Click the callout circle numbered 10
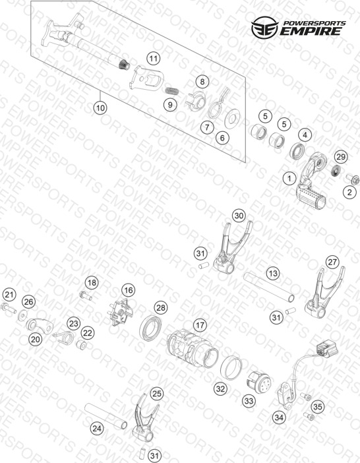pyautogui.click(x=100, y=108)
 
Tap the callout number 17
pyautogui.click(x=200, y=325)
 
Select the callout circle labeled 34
pyautogui.click(x=279, y=417)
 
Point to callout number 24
pyautogui.click(x=97, y=428)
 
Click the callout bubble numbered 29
pyautogui.click(x=341, y=156)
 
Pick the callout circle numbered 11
pyautogui.click(x=154, y=59)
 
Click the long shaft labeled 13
pyautogui.click(x=269, y=288)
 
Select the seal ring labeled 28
pyautogui.click(x=151, y=328)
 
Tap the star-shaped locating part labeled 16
pyautogui.click(x=121, y=312)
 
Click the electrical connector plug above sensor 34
pyautogui.click(x=326, y=350)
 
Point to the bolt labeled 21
pyautogui.click(x=9, y=308)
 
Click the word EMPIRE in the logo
pyautogui.click(x=311, y=31)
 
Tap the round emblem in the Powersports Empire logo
pyautogui.click(x=264, y=28)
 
